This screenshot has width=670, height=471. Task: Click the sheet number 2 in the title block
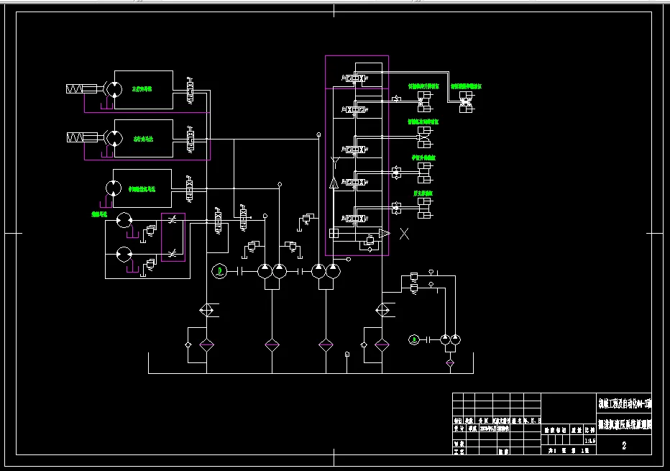(x=623, y=446)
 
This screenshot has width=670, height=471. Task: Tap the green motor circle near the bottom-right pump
(x=413, y=339)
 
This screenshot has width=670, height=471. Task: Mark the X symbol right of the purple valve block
(x=404, y=233)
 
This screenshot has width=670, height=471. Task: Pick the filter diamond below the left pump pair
(x=272, y=345)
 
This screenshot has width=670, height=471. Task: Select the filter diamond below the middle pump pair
(x=326, y=345)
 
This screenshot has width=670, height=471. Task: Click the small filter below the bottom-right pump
(x=450, y=363)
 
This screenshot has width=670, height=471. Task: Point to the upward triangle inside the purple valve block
(x=334, y=183)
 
